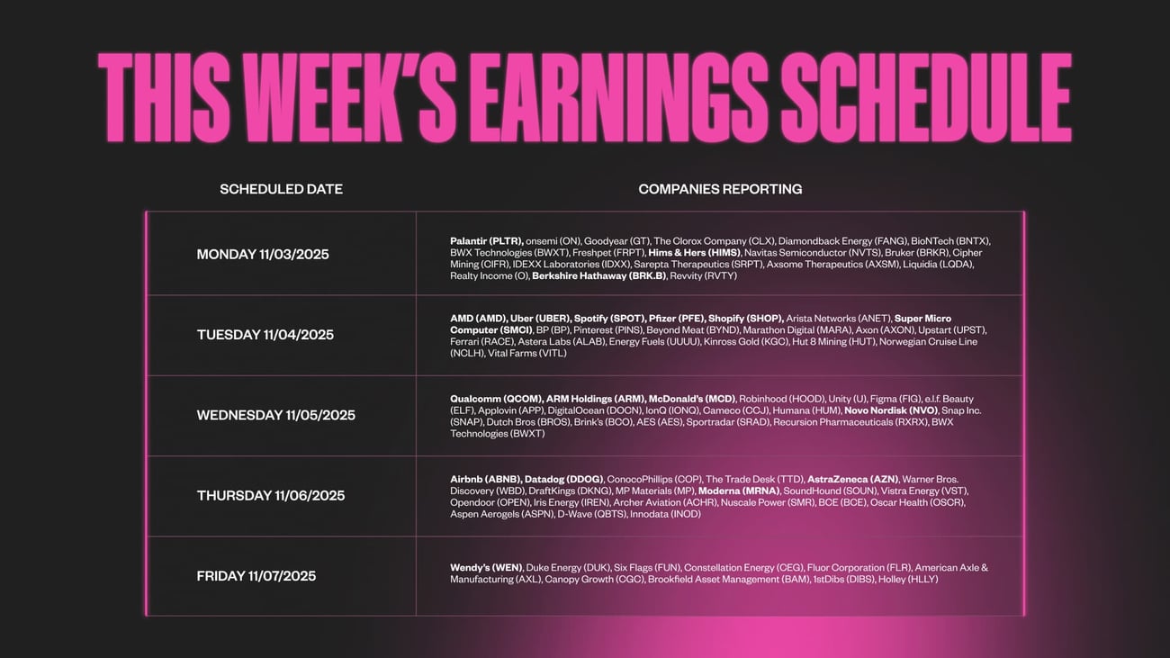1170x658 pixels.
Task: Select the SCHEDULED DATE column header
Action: tap(281, 189)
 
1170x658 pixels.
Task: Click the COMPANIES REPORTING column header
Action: tap(720, 189)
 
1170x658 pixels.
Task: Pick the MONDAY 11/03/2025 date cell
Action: tap(263, 255)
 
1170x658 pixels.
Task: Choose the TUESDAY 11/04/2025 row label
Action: tap(265, 335)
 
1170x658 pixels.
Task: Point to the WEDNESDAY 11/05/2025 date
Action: tap(275, 415)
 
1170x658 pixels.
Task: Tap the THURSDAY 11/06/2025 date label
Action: tap(271, 496)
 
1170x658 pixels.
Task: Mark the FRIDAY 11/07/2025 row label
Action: tap(256, 576)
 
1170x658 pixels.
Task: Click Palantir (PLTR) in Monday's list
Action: tap(487, 241)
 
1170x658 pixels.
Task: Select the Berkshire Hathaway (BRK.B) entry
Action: tap(599, 275)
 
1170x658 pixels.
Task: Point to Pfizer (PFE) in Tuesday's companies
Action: tap(677, 319)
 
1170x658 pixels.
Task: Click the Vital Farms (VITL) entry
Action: tap(527, 353)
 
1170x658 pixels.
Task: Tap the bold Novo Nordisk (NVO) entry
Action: tap(891, 410)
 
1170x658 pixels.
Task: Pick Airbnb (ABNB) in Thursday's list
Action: tap(486, 480)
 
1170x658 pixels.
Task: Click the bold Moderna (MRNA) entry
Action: tap(739, 491)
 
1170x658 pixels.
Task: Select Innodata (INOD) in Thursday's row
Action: tap(665, 514)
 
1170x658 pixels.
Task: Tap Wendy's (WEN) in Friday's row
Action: tap(486, 568)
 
